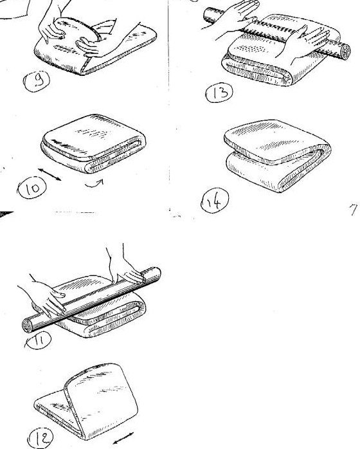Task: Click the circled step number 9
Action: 37,81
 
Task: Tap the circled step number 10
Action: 32,188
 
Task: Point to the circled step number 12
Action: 40,437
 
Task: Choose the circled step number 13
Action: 219,93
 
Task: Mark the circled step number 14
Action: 215,201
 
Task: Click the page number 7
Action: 354,210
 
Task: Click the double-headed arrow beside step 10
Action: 50,174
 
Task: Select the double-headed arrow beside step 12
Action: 123,438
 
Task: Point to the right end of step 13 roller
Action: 345,51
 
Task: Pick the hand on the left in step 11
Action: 46,298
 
